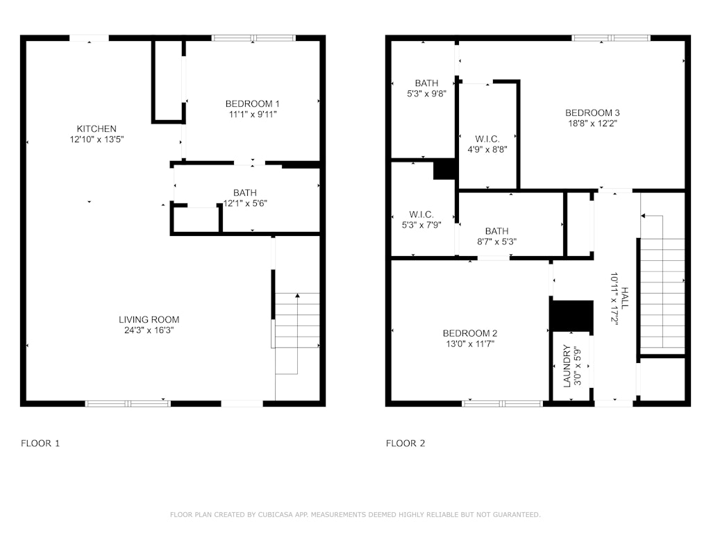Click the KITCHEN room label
(x=97, y=128)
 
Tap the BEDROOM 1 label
(x=253, y=104)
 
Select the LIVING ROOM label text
(x=149, y=319)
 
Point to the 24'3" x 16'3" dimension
(x=149, y=330)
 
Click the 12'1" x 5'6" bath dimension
(x=245, y=203)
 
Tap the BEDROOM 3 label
(x=593, y=113)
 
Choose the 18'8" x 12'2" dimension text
(x=593, y=124)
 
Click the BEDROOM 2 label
(x=470, y=334)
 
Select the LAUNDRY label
(x=567, y=366)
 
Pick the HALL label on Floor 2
(x=625, y=298)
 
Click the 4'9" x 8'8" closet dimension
(x=487, y=150)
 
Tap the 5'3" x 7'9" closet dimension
(x=421, y=225)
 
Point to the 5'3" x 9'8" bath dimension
(x=427, y=94)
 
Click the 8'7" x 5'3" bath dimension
(x=497, y=242)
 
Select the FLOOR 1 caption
(x=40, y=443)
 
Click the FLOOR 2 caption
(x=405, y=443)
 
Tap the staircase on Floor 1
(x=297, y=334)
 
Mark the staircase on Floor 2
(x=662, y=283)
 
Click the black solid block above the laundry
(x=571, y=316)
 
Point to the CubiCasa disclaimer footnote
(x=355, y=514)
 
